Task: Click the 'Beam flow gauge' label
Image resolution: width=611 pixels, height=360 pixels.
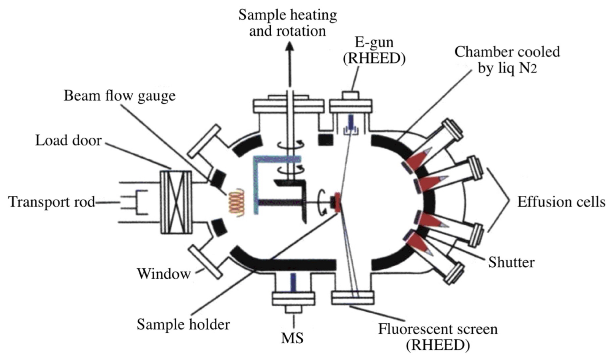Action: click(x=119, y=96)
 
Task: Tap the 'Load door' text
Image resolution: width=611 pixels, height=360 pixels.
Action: click(x=68, y=141)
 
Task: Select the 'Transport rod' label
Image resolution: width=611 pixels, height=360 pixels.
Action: click(x=52, y=202)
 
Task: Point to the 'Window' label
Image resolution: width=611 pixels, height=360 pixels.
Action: click(x=164, y=274)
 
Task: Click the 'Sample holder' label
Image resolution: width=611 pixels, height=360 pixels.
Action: click(x=183, y=325)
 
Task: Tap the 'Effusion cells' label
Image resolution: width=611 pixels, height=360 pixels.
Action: click(x=561, y=202)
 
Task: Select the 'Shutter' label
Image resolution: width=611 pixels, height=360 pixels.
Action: click(x=511, y=262)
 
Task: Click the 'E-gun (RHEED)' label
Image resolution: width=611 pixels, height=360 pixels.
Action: click(x=374, y=51)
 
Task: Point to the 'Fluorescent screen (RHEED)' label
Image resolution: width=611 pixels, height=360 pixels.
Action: click(x=437, y=336)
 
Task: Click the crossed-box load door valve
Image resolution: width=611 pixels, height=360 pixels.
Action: click(x=176, y=202)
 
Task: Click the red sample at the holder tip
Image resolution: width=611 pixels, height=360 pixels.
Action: click(x=337, y=202)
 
